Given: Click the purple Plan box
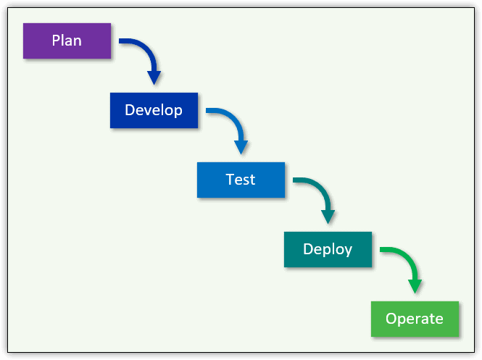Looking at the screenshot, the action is pos(67,41).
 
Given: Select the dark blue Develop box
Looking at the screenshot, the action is pos(154,110).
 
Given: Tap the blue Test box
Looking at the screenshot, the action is pos(241,180).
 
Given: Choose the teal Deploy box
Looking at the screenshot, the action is pos(328,249).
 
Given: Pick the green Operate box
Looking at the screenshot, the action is pos(415,319).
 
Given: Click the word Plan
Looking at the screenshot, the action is pos(67,41).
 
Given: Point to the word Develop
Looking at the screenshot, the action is pos(154,110).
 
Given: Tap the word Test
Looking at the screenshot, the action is pos(241,180).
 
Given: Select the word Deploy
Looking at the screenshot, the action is pos(328,249).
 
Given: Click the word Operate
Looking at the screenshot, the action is pos(415,319).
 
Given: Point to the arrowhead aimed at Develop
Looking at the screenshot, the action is pos(154,78).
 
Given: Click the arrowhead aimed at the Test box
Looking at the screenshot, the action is pos(241,148).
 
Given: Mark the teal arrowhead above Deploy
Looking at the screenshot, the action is pos(328,217).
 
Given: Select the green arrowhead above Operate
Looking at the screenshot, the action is pos(415,287).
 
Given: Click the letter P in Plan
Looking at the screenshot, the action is pos(56,41).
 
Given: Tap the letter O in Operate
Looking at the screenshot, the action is pos(391,319).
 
